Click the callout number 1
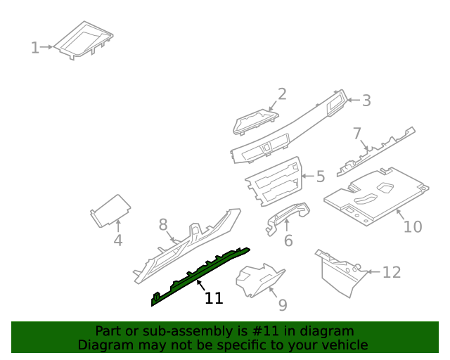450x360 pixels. pos(34,48)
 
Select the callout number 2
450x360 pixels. pos(282,94)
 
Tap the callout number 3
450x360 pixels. pos(366,101)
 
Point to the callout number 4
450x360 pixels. pos(118,240)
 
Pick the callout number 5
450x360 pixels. pos(321,176)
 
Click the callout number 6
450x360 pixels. pos(288,241)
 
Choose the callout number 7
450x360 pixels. pos(357,133)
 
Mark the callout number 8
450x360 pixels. pos(163,225)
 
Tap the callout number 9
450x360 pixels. pos(282,304)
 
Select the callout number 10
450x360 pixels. pos(412,226)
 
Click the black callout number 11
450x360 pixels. pos(214,298)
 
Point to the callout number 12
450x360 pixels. pos(391,272)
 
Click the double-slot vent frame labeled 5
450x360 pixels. pos(274,181)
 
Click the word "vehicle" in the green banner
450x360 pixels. pos(344,345)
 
